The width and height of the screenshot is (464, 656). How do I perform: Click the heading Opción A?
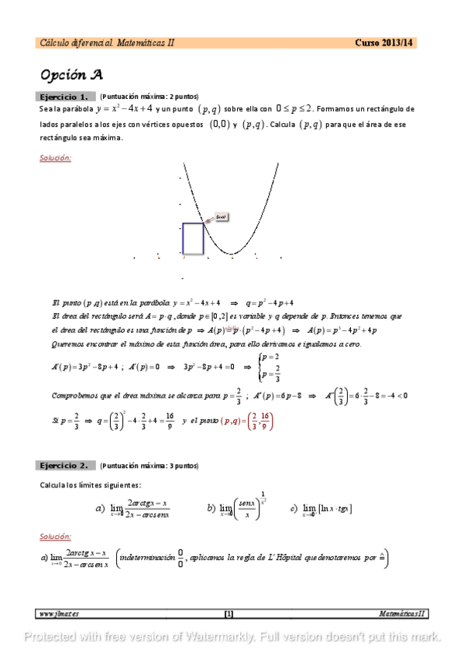pos(71,75)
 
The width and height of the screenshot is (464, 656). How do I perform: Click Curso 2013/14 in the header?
pos(384,43)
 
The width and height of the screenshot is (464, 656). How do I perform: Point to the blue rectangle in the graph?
pos(193,238)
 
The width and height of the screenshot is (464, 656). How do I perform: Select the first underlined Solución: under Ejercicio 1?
pos(55,158)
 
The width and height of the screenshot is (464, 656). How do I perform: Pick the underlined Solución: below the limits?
pos(55,535)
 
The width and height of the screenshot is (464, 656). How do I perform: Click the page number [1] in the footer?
pos(229,613)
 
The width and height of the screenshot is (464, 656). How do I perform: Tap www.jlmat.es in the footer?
pos(60,613)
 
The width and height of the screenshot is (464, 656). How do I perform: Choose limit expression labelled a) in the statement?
pos(132,507)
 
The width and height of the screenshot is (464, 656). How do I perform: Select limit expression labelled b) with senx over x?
pos(238,506)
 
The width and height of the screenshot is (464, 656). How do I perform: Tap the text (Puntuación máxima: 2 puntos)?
pos(150,97)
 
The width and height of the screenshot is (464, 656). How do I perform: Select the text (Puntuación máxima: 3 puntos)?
pos(150,466)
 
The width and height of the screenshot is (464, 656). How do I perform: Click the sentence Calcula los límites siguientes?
pos(86,484)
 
